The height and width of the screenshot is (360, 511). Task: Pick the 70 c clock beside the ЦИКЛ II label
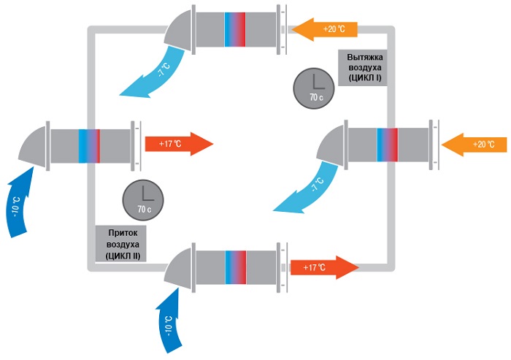(143, 199)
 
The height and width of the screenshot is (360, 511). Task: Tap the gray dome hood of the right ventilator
(329, 142)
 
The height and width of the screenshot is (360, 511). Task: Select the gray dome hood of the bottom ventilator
(179, 266)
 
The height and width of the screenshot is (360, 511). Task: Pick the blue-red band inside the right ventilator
(387, 144)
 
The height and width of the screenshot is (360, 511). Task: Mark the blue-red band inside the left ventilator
(88, 144)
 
